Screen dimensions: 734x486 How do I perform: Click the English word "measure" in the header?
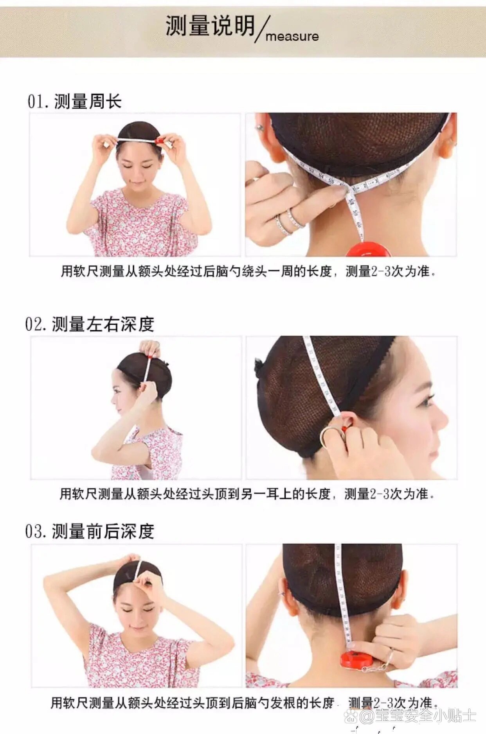(292, 36)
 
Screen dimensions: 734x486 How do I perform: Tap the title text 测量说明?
(210, 26)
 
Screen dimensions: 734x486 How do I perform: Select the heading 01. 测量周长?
(74, 102)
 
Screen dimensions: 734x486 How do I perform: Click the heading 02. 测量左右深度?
(90, 324)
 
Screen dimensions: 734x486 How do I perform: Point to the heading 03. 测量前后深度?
(90, 532)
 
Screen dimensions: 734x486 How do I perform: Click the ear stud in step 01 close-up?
(258, 127)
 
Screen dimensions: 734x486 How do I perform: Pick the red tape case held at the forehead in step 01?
(159, 140)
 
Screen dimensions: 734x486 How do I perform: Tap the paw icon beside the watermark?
(351, 716)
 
